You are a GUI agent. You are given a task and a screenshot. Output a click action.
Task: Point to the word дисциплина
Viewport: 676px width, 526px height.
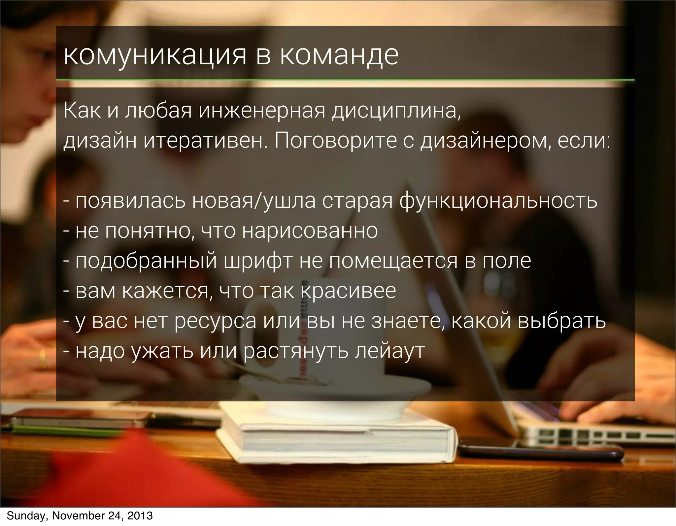tap(396, 111)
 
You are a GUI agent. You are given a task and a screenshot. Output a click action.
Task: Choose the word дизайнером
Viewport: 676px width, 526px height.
tap(485, 141)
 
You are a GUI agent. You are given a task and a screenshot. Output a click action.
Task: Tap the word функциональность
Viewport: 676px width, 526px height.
tap(498, 201)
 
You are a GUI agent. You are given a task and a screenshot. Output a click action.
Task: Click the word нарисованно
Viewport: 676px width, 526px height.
tap(310, 230)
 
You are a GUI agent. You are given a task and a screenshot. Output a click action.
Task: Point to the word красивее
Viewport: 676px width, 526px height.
tap(348, 291)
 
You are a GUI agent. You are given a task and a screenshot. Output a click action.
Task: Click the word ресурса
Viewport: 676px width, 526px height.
tap(215, 321)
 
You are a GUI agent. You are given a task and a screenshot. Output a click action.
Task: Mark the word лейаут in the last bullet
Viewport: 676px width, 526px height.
tap(389, 351)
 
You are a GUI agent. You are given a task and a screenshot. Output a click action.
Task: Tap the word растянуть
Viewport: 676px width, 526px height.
tap(296, 351)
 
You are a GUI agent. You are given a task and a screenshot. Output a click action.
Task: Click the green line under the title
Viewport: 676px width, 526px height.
tap(345, 80)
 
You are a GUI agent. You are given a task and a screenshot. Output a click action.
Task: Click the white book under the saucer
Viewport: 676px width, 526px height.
tap(337, 439)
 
